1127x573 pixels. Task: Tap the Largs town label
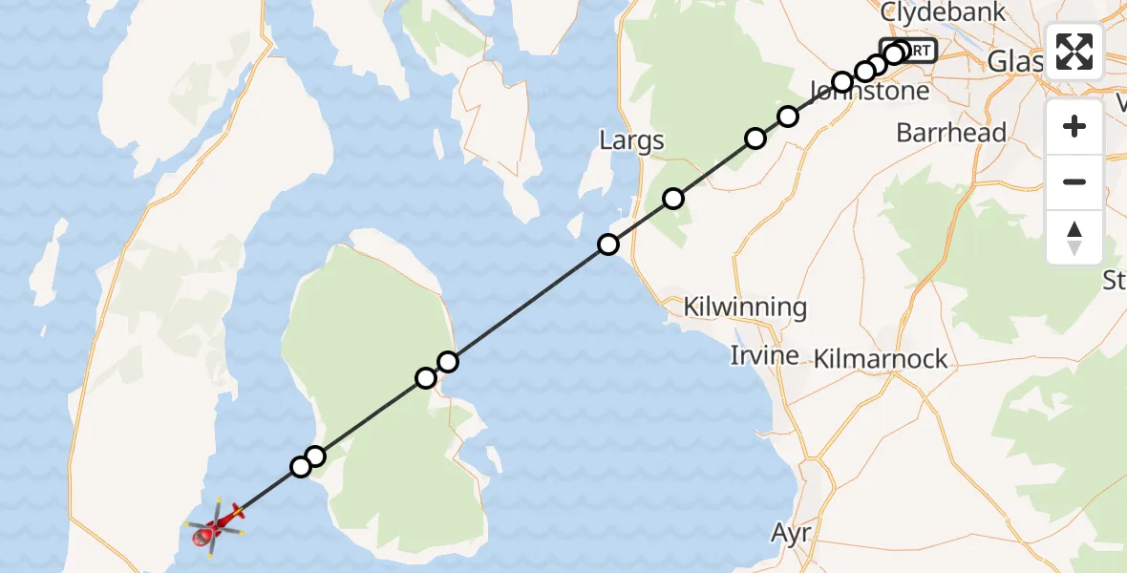tap(631, 142)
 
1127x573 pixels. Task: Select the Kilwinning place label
tap(745, 308)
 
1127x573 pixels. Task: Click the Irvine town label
tap(764, 355)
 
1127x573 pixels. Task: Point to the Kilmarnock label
tap(881, 359)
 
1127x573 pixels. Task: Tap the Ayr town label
tap(792, 533)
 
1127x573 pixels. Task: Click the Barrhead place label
tap(951, 132)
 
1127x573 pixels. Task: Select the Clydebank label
tap(943, 12)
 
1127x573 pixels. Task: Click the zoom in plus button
tap(1074, 126)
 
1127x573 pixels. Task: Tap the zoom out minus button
tap(1074, 181)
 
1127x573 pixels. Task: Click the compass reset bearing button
tap(1074, 237)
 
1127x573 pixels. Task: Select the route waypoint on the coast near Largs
tap(608, 244)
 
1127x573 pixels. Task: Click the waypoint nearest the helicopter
tap(301, 466)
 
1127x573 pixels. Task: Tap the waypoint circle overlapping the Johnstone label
tap(841, 82)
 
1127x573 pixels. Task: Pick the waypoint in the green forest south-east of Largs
tap(673, 199)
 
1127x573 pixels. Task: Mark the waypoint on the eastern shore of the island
tap(448, 361)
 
